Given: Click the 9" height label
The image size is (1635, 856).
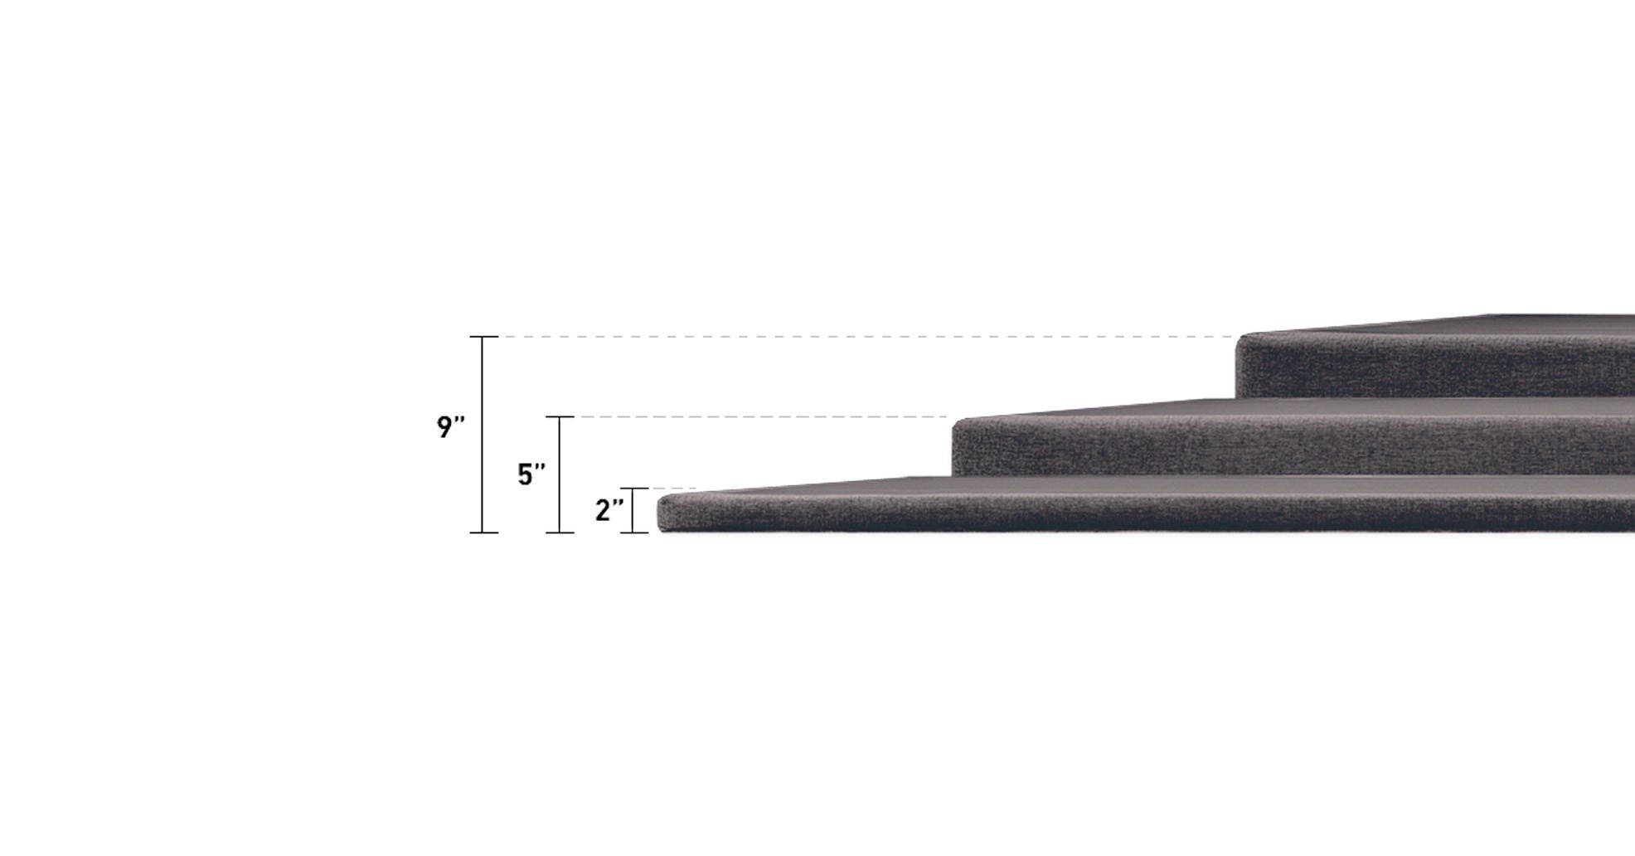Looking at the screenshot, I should pos(450,427).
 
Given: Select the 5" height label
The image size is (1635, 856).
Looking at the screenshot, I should pos(531,474).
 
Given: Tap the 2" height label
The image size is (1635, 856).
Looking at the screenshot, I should pos(609,510).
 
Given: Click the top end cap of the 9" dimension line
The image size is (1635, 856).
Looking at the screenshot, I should pos(483,337).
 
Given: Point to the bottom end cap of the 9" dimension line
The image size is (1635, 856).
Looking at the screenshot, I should pos(483,533).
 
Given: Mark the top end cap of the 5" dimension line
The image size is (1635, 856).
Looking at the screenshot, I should pos(560,417).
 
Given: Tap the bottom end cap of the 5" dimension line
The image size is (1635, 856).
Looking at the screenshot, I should pos(560,533).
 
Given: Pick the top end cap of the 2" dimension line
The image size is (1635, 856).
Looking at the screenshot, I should pos(634,489).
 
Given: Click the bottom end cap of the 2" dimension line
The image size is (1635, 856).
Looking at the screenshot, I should pos(634,533).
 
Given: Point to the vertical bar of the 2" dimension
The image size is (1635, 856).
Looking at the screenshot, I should pos(634,510).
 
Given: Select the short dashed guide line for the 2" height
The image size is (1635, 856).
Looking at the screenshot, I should pos(672,489).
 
